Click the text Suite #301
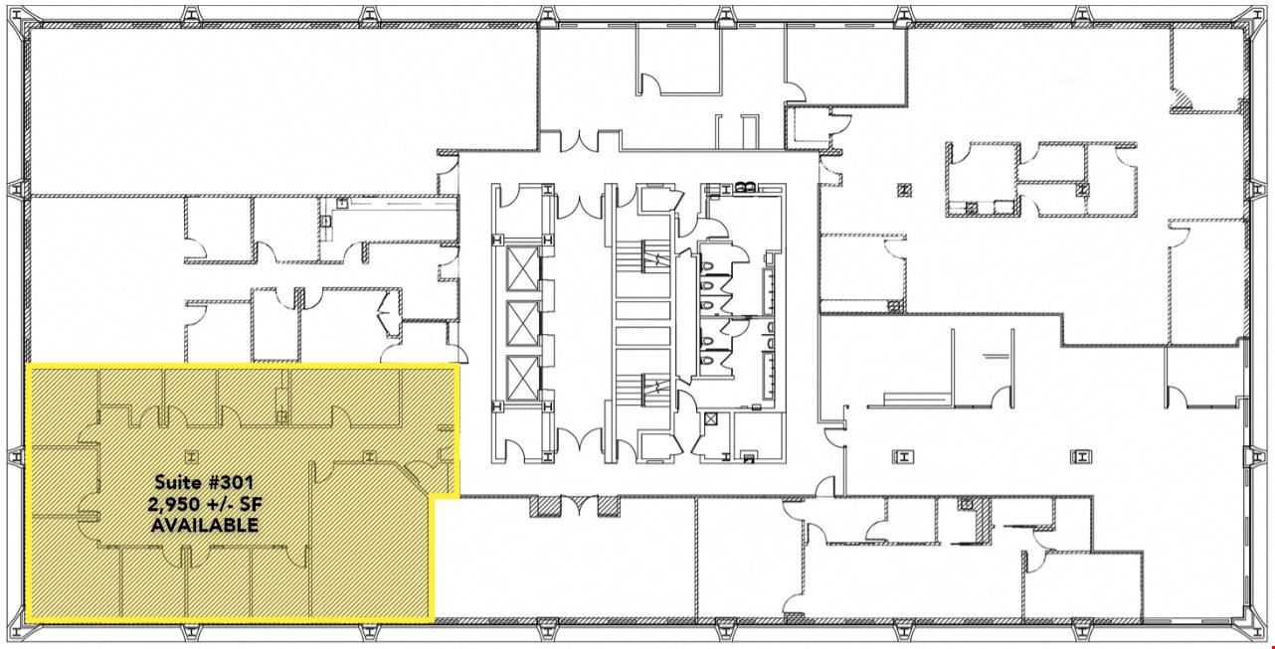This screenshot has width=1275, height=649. coord(204,483)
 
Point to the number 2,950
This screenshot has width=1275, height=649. coord(173,505)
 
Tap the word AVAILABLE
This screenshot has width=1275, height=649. coord(204,525)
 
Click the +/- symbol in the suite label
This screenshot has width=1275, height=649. coord(219,504)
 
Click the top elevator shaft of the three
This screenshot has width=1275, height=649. coord(522,269)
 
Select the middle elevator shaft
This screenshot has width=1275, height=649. coord(522,322)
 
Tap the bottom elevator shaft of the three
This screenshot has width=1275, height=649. coord(522,377)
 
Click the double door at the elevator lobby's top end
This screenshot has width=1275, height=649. coord(579,207)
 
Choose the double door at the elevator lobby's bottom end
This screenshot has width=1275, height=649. coord(579,439)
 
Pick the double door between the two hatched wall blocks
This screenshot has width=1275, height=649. coord(579,505)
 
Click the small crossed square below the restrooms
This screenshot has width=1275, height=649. coord(711,420)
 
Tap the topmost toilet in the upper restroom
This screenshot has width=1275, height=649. coord(707,266)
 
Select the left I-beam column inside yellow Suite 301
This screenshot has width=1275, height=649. coord(191,455)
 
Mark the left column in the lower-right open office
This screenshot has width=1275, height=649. coord(903,456)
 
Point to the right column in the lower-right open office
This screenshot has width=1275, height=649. coord(1081,456)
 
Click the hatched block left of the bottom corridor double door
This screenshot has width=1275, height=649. coord(539,506)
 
